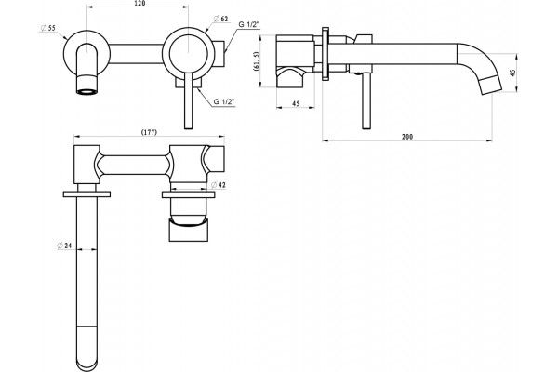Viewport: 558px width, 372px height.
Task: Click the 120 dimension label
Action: point(140,4)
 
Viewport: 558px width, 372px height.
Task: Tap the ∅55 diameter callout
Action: point(48,28)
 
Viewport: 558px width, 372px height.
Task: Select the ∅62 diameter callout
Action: point(220,19)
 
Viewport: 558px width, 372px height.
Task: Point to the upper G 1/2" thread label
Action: point(249,24)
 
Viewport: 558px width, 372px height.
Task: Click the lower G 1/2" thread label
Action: point(224,101)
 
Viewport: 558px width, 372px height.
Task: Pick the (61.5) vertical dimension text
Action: point(257,61)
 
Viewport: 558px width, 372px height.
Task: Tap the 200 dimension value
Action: point(407,137)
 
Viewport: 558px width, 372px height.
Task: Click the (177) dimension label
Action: point(149,132)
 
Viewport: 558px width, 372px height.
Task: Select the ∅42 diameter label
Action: point(219,185)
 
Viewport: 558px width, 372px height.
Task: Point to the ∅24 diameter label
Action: point(64,246)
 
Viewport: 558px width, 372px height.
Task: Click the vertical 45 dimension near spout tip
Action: point(512,73)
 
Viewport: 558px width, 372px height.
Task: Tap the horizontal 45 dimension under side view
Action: point(296,103)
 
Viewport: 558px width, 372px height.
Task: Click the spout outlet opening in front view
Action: point(86,92)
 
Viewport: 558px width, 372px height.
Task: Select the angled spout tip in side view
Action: point(491,85)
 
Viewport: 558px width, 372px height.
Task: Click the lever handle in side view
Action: point(366,100)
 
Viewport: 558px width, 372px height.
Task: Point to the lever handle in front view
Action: point(188,100)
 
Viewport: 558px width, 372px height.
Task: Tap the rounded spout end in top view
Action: point(86,360)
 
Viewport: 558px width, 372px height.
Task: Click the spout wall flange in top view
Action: point(86,194)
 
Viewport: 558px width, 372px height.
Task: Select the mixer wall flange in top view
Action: point(188,194)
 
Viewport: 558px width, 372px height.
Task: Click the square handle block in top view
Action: point(188,231)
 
